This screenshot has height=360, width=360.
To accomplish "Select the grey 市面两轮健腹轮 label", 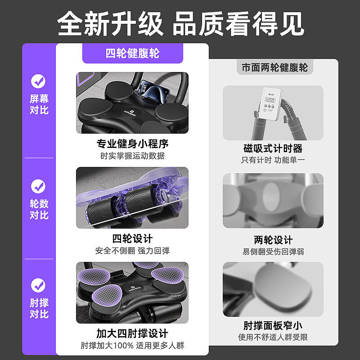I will [x=274, y=68].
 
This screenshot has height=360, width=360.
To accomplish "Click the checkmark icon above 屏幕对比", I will [x=38, y=81].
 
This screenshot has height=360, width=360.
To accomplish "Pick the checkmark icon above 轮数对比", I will [x=38, y=186].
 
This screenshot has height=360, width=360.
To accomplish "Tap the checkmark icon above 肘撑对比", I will [x=38, y=285].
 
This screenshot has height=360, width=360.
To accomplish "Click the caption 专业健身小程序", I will [x=132, y=144].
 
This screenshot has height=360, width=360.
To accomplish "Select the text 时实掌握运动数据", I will [x=132, y=156].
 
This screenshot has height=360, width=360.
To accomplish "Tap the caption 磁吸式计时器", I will [x=273, y=148].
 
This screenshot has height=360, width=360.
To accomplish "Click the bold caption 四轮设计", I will [x=132, y=238].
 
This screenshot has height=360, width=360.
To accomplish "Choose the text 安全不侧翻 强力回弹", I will [x=132, y=251].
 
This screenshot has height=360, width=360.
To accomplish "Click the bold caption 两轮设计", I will [x=273, y=240].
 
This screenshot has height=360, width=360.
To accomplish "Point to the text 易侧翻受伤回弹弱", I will [x=273, y=252].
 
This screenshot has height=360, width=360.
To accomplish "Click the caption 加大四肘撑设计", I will [x=132, y=333].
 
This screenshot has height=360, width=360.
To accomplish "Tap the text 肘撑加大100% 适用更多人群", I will [x=132, y=346].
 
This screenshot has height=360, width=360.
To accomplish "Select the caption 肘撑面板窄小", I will [x=273, y=325].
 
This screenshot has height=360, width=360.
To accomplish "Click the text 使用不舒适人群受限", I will [x=273, y=337].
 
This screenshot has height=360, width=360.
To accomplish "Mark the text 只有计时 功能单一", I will [x=273, y=160].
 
